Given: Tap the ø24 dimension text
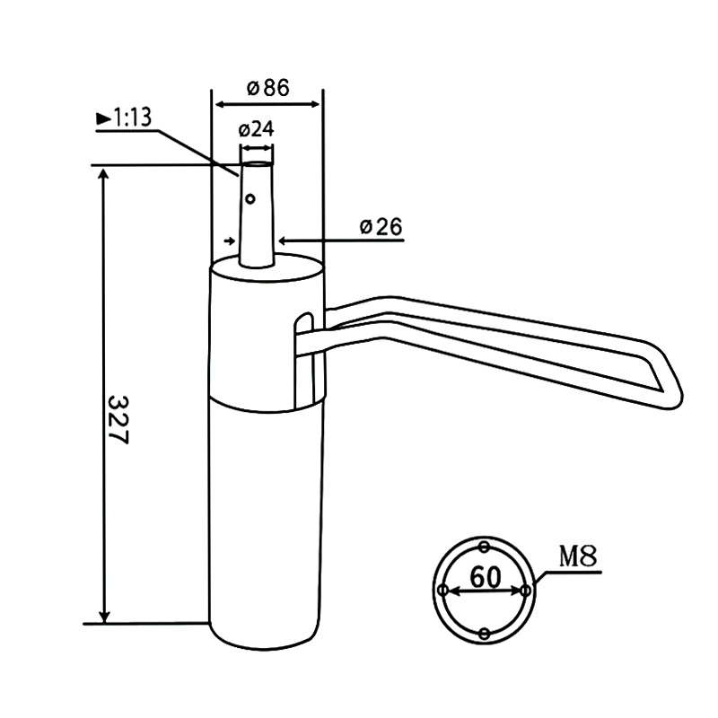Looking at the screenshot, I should tap(256, 129).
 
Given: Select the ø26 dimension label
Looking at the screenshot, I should tap(381, 227).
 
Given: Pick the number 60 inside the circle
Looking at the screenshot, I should tap(484, 577).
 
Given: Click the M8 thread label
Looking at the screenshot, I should tap(578, 556).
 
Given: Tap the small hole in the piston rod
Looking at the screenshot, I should tap(251, 198).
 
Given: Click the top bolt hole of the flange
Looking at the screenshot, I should tap(485, 547).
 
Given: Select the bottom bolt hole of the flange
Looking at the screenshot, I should tap(485, 635).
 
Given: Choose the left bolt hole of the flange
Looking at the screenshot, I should tap(442, 591).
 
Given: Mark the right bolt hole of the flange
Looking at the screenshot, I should tap(526, 591).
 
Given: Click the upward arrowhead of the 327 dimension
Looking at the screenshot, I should tap(106, 175).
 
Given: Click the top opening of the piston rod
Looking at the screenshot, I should tap(257, 164).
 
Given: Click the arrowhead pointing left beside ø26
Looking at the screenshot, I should tap(283, 241).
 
